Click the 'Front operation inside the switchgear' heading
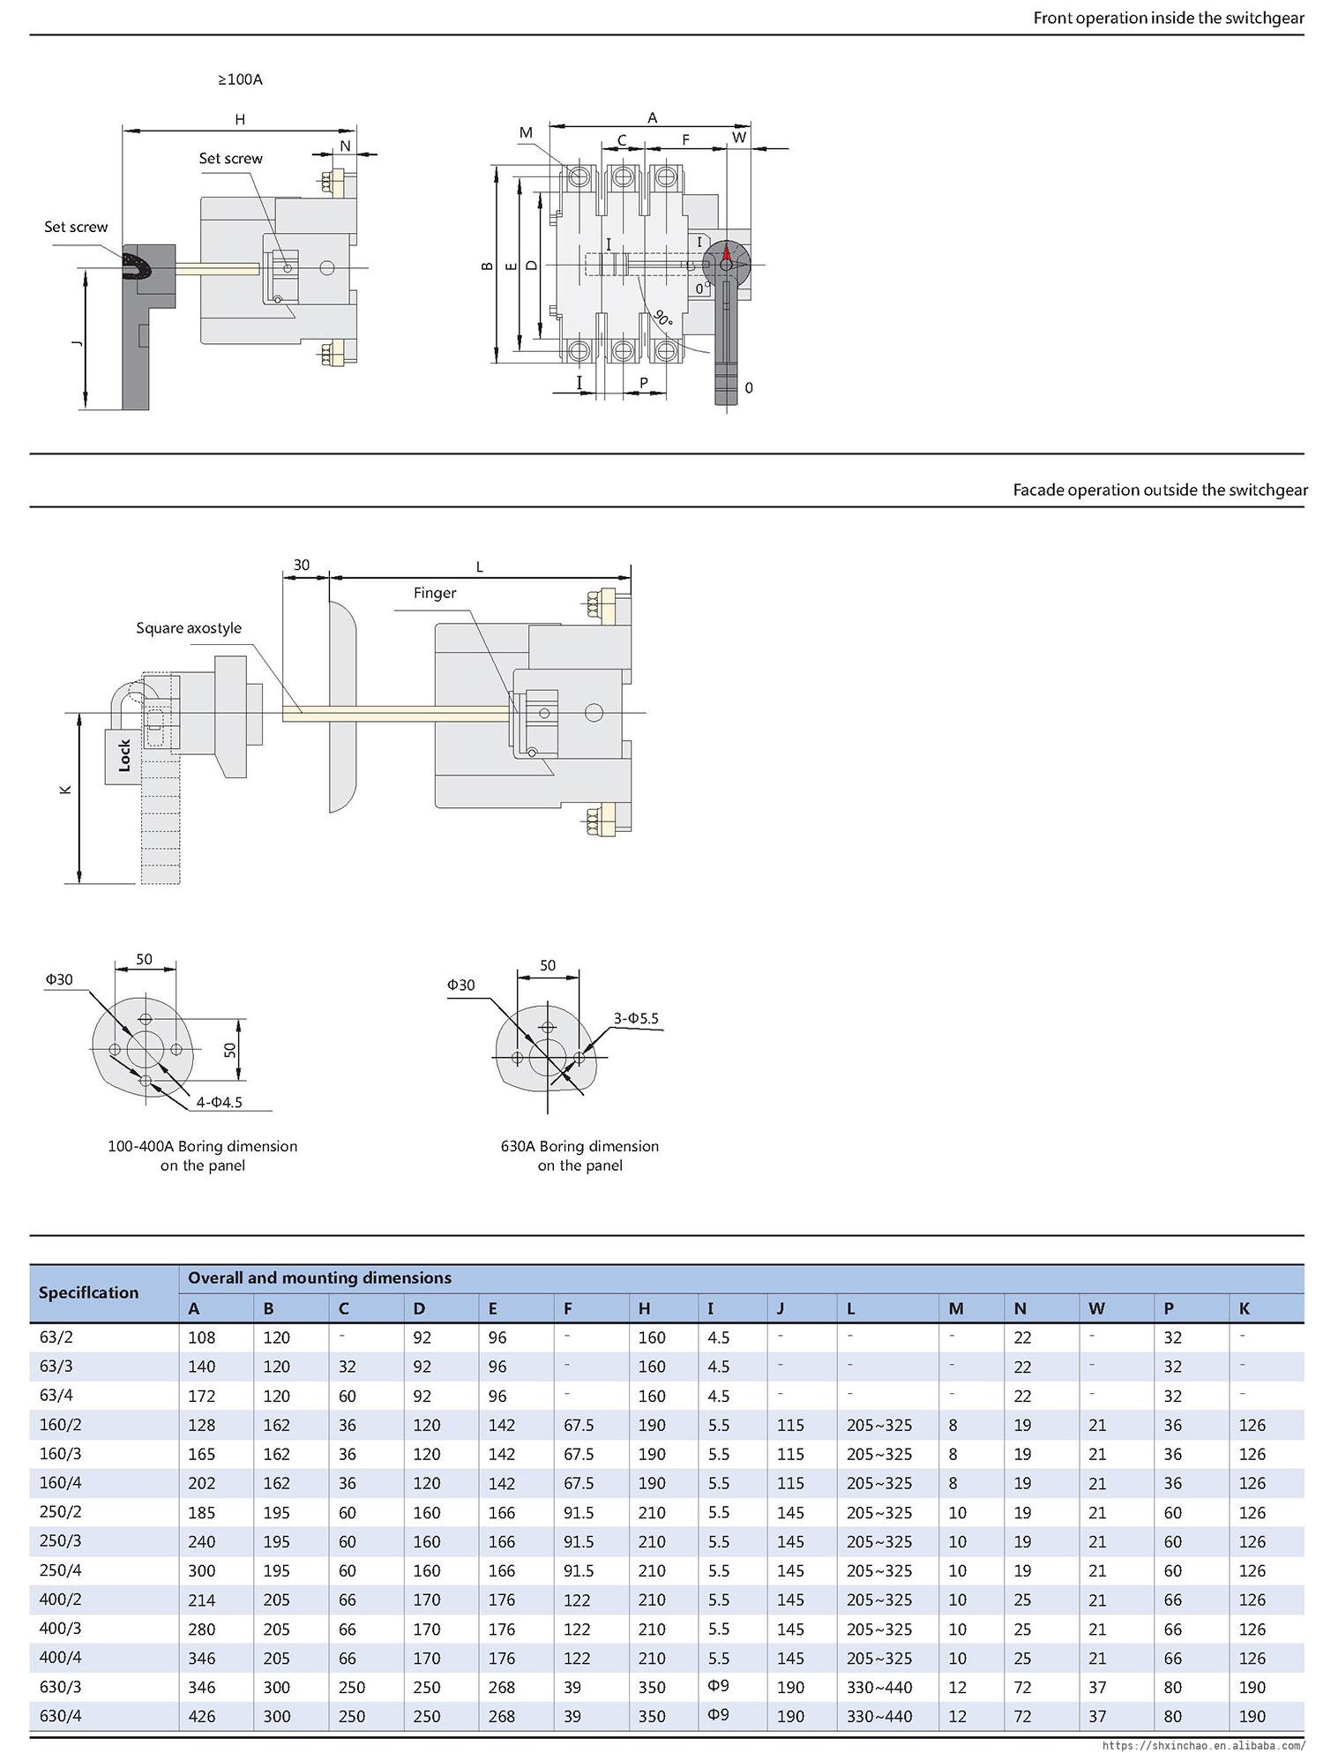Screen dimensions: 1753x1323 [x=1168, y=18]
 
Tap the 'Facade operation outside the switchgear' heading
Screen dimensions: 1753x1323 [x=1159, y=490]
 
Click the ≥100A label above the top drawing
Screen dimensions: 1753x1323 [x=240, y=79]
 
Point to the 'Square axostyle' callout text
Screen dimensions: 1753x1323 [x=188, y=628]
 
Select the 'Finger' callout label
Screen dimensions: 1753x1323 [x=435, y=593]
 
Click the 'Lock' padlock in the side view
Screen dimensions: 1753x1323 [x=123, y=755]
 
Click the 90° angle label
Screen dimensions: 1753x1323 [x=663, y=318]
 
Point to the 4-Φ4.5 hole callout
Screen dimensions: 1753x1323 [x=219, y=1101]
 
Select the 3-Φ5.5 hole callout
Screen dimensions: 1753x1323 [x=636, y=1018]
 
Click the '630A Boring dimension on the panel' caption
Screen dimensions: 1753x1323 [x=579, y=1156]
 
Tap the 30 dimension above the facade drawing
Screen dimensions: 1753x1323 [x=302, y=565]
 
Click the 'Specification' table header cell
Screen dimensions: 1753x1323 [x=88, y=1292]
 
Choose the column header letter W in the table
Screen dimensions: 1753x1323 [x=1096, y=1308]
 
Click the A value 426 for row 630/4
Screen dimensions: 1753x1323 [x=201, y=1716]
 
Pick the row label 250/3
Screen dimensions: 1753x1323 [x=60, y=1540]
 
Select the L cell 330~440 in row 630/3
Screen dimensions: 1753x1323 [x=878, y=1687]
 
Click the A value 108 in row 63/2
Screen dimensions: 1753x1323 [x=201, y=1337]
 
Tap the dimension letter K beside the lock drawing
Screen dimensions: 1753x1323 [x=65, y=790]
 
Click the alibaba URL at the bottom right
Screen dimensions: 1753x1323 [x=1203, y=1745]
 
